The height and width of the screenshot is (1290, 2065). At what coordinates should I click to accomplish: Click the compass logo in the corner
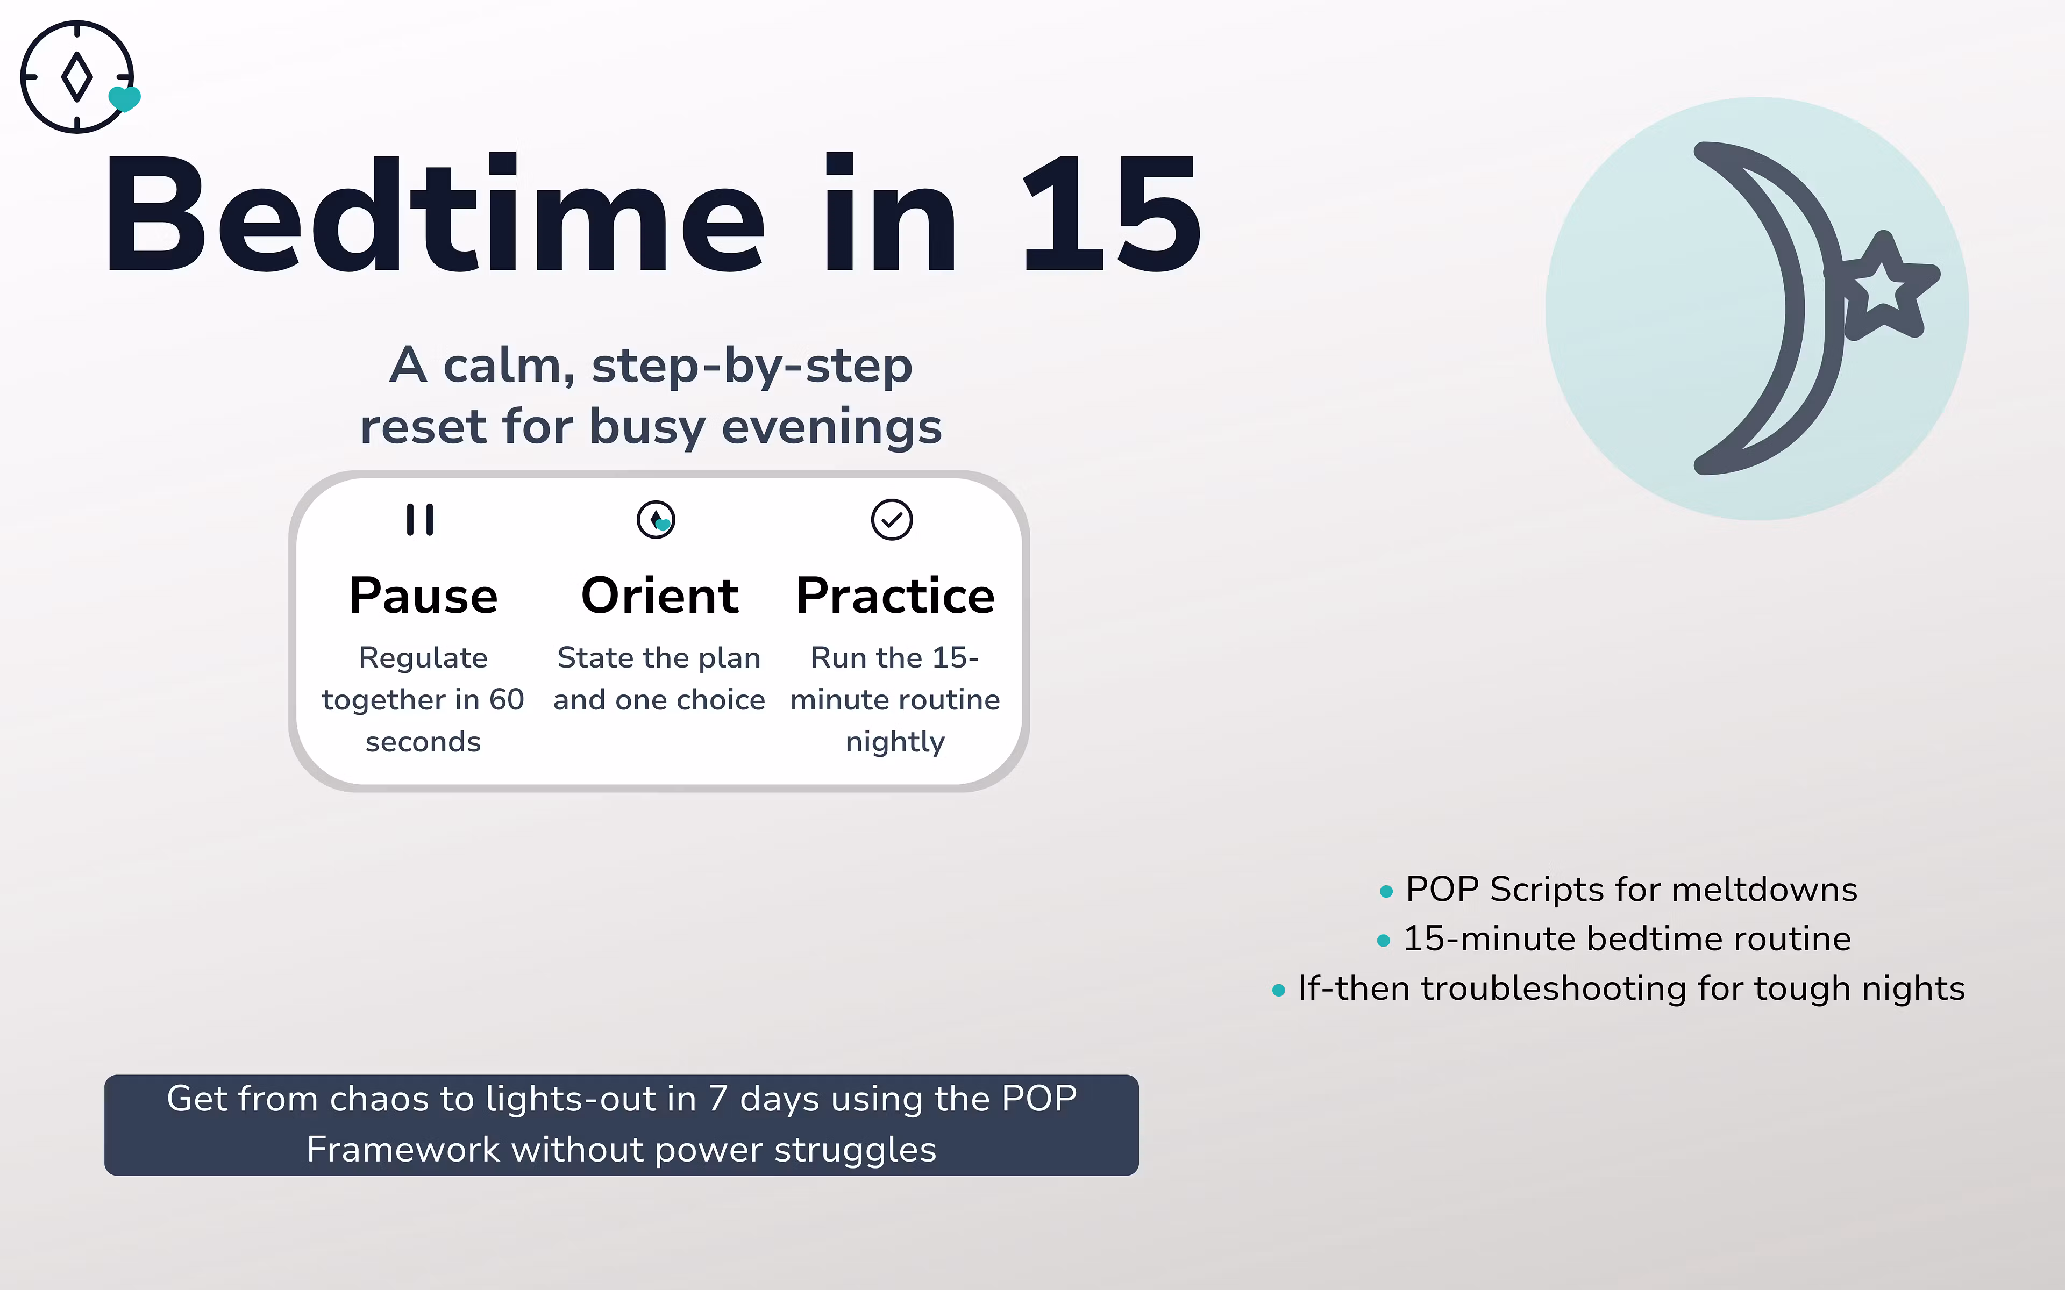point(77,77)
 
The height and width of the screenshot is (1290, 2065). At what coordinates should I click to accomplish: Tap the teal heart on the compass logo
point(125,99)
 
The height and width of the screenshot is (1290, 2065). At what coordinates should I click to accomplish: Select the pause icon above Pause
point(420,520)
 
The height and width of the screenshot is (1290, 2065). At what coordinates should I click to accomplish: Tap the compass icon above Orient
point(656,520)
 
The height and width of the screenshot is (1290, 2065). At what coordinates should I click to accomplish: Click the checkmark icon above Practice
point(892,520)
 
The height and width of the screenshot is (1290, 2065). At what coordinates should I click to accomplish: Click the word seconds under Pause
point(423,742)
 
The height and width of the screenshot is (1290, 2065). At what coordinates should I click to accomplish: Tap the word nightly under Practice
point(895,742)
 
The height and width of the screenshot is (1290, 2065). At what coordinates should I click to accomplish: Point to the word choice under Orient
point(721,700)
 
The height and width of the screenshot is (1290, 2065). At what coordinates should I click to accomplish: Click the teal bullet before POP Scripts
point(1386,892)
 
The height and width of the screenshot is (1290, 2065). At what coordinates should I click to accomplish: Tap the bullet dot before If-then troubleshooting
point(1278,991)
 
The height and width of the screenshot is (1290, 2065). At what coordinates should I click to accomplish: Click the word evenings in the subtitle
point(832,427)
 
